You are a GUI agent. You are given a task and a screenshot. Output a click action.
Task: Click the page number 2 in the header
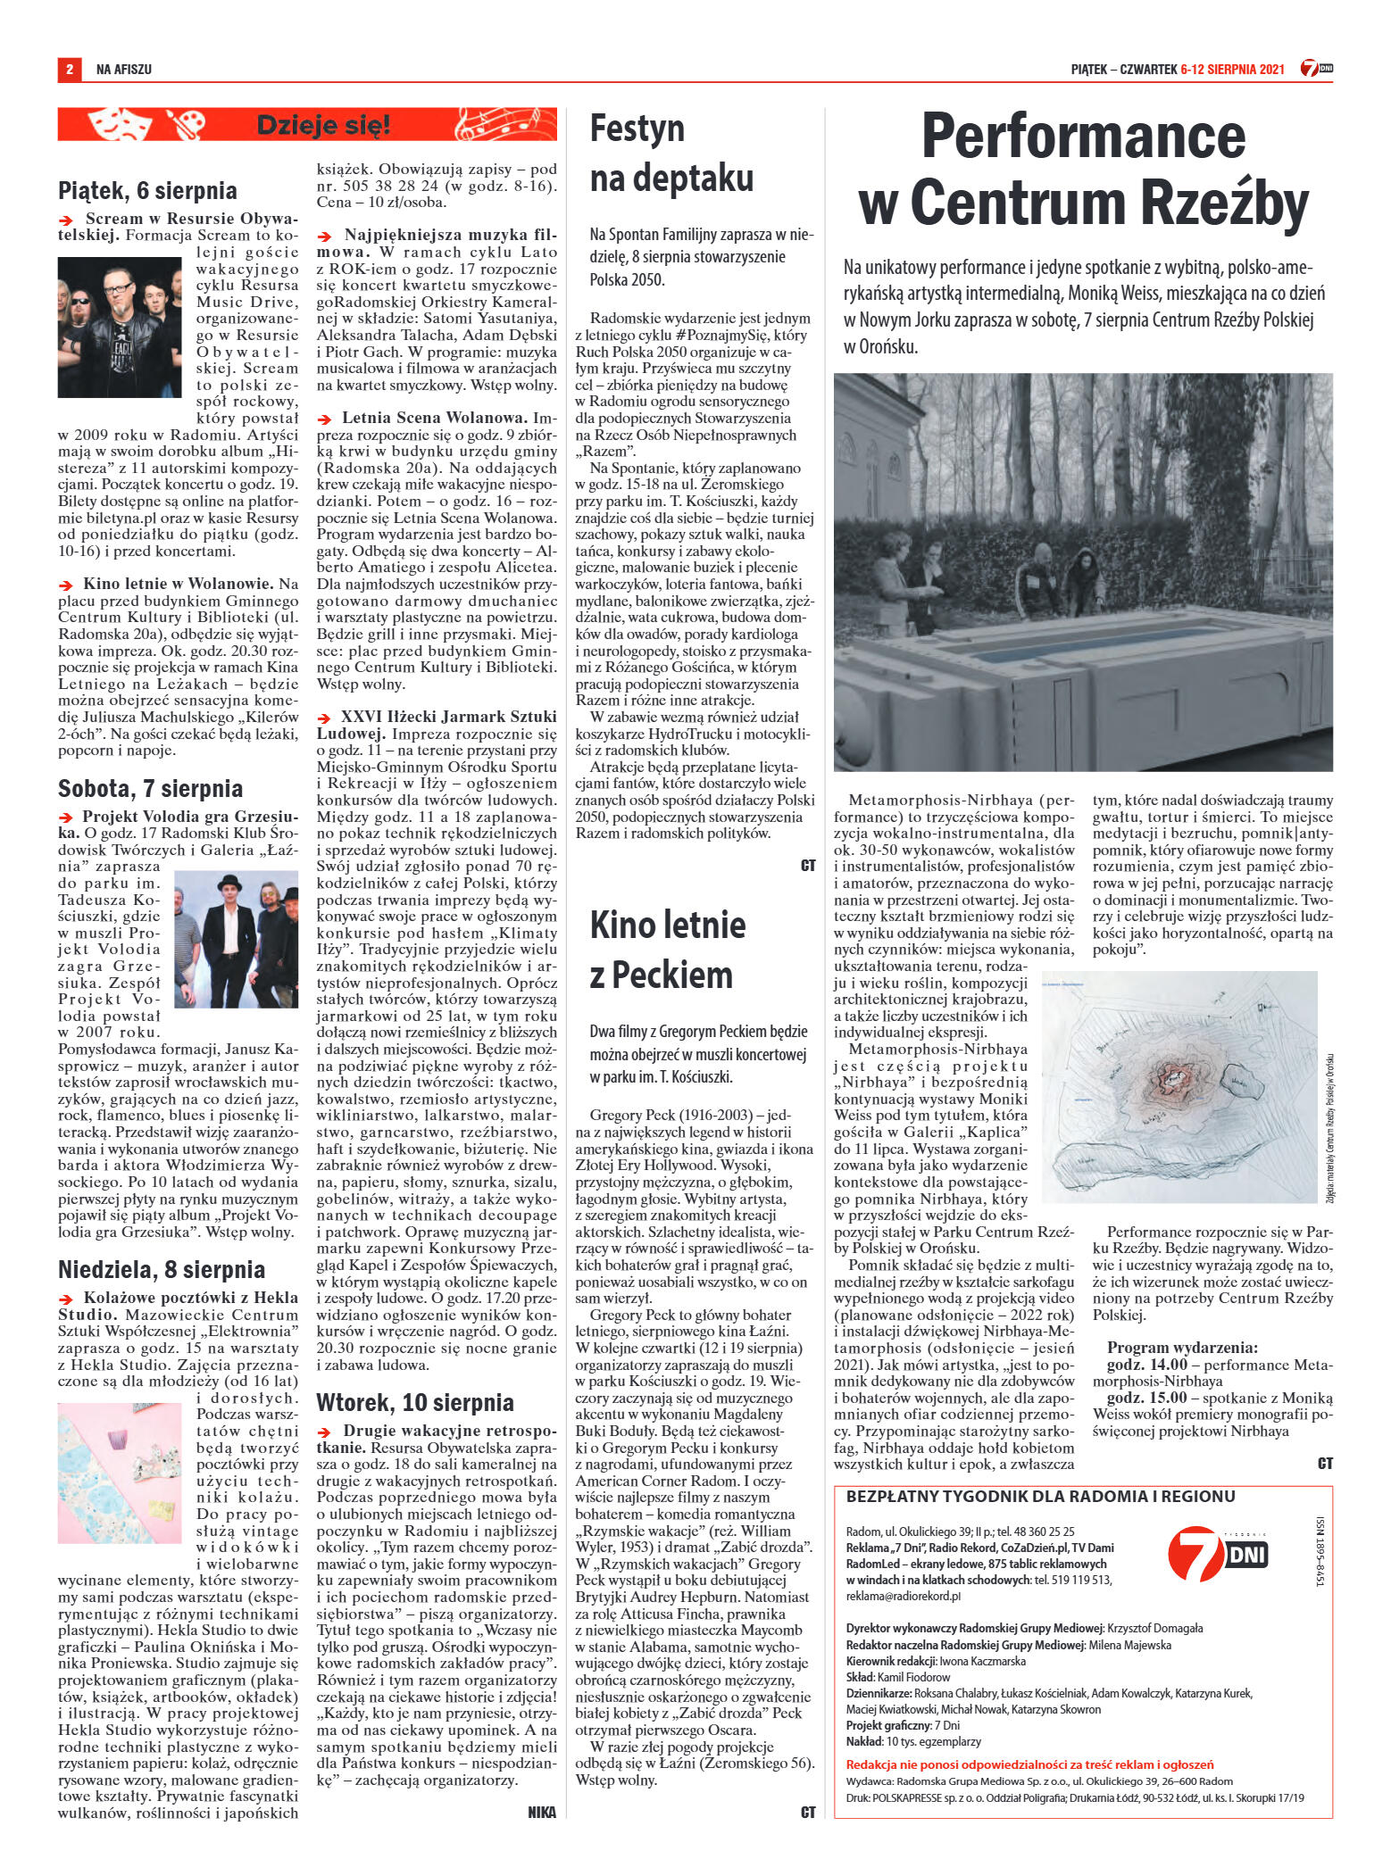click(x=69, y=69)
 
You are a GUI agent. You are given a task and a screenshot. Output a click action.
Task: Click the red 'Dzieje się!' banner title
click(x=322, y=126)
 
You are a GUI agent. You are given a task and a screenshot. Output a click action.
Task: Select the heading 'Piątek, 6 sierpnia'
click(x=147, y=191)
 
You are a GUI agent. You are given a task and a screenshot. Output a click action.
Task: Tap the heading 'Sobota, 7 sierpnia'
click(x=150, y=789)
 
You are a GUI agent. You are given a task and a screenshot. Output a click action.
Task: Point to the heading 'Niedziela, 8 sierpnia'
click(x=162, y=1270)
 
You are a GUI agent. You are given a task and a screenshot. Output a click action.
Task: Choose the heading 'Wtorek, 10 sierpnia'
click(x=415, y=1402)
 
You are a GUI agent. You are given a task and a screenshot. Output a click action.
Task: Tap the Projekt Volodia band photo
click(x=236, y=939)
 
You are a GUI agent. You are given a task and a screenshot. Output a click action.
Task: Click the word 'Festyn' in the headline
click(x=637, y=129)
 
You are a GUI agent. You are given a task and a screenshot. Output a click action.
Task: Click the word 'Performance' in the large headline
click(x=1083, y=137)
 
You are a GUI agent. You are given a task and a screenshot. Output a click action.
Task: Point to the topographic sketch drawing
click(x=1179, y=1086)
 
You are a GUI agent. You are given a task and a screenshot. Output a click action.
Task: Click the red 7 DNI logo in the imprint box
click(x=1217, y=1554)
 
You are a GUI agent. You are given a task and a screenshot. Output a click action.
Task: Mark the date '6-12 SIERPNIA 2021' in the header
click(x=1232, y=70)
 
